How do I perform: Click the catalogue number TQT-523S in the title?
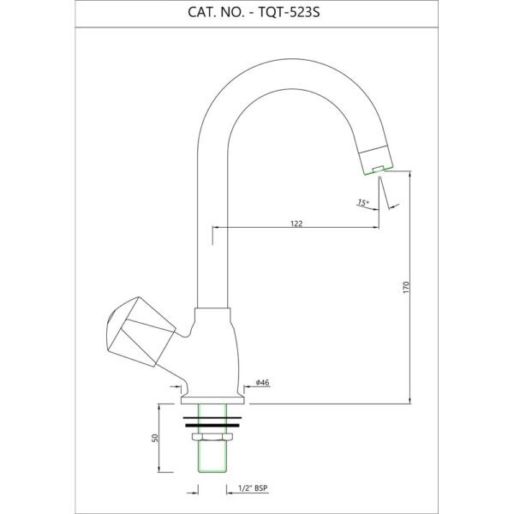pos(290,13)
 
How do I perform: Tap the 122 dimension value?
pos(296,224)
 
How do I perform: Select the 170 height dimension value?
pos(406,287)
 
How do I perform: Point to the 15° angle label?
pos(362,202)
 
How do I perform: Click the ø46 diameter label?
pos(263,382)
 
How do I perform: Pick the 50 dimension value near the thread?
pos(155,438)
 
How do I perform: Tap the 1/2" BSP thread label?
pos(253,488)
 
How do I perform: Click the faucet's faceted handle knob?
pos(140,332)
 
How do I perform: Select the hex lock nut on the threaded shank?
pos(212,437)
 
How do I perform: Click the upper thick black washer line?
pos(212,418)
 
